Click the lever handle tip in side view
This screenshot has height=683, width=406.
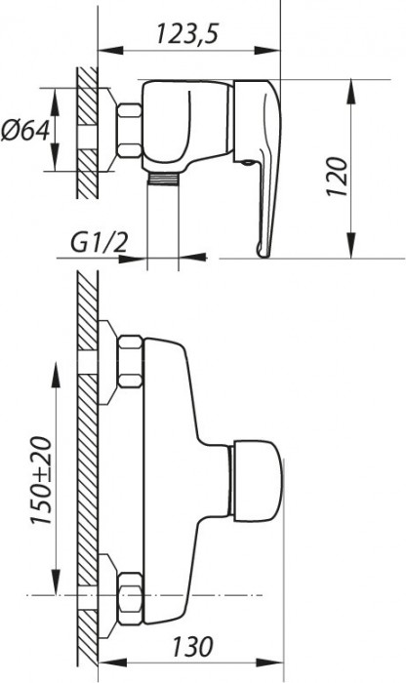coord(264,252)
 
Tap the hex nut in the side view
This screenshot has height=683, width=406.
coord(128,131)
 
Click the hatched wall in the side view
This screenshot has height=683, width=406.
coord(86,131)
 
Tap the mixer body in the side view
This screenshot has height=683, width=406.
coord(185,122)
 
